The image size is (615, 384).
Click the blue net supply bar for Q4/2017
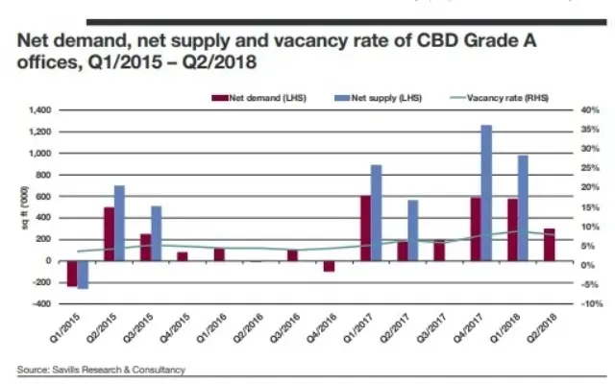[486, 193]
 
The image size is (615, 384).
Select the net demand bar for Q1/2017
[365, 228]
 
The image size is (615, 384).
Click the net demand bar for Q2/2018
[549, 245]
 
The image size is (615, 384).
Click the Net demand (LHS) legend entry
[258, 97]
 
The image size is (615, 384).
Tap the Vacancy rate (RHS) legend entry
[493, 97]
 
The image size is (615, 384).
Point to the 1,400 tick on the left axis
[39, 111]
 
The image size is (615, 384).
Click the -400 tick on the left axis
[41, 304]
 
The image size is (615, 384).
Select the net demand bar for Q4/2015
[183, 256]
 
